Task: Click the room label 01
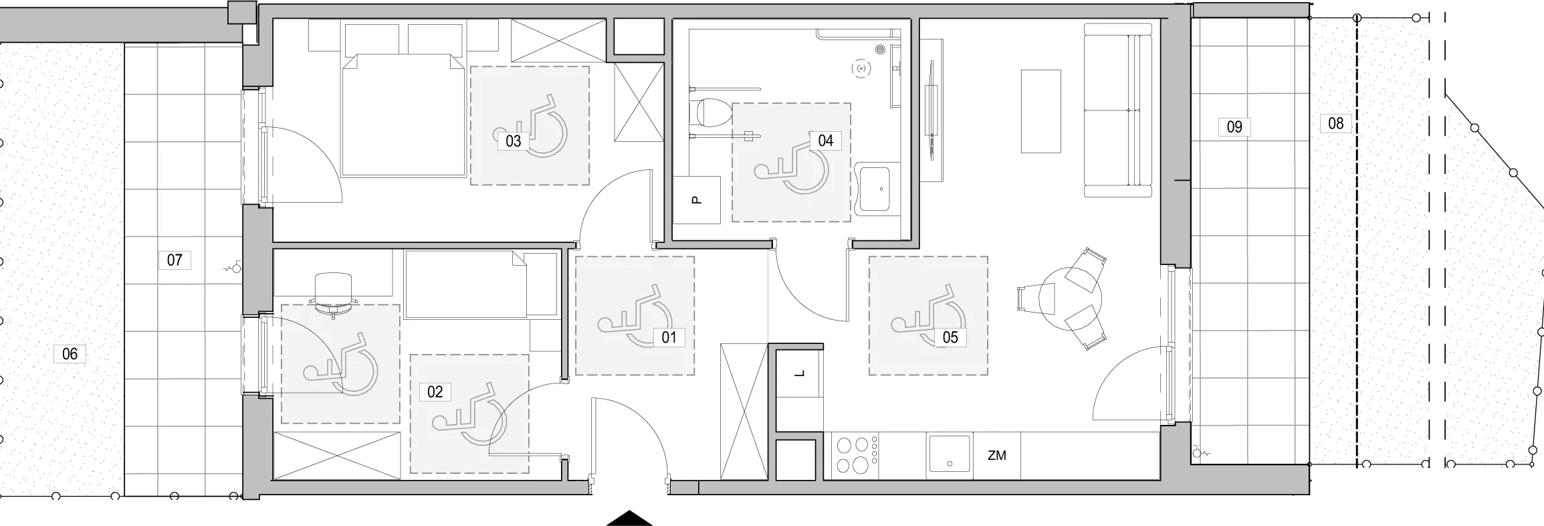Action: click(669, 337)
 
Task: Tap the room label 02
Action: click(435, 391)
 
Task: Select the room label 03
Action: click(513, 141)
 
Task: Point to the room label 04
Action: click(825, 141)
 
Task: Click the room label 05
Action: click(950, 337)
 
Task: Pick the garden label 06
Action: click(70, 354)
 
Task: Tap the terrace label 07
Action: click(175, 260)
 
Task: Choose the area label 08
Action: click(1335, 124)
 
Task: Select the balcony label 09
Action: click(1234, 126)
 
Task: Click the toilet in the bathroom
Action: click(711, 113)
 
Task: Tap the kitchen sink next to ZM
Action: click(948, 455)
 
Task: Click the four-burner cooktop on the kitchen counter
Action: click(855, 455)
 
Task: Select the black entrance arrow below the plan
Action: click(629, 519)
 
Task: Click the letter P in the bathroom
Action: click(695, 199)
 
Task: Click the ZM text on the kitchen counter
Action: click(996, 456)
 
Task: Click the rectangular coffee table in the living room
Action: click(1041, 111)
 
